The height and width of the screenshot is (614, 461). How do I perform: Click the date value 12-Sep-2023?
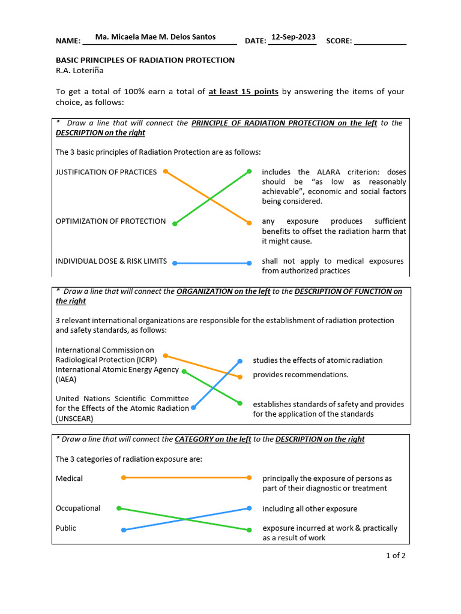pos(293,37)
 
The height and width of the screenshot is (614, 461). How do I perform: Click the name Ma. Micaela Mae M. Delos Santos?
pos(155,37)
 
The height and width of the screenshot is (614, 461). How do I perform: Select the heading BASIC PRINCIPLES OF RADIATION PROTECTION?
pos(145,61)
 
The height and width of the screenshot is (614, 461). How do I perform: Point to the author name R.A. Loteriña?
pos(80,70)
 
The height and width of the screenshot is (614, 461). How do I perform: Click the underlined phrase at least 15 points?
pos(243,92)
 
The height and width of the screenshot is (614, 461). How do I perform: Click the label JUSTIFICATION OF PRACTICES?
pos(106,172)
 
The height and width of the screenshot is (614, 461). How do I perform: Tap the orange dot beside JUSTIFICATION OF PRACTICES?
pos(165,171)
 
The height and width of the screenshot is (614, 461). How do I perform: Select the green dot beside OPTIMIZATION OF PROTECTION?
pos(175,224)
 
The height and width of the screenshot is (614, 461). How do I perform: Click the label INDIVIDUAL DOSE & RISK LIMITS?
pos(111,262)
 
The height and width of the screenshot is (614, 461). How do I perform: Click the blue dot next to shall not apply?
pos(249,263)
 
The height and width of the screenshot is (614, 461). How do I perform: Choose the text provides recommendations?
pos(300,375)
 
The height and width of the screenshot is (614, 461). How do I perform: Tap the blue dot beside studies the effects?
pos(240,361)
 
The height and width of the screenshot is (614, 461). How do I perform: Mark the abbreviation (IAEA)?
pos(66,380)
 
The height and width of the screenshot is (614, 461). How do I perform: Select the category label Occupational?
pos(78,508)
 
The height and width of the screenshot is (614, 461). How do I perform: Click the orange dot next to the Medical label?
pos(124,478)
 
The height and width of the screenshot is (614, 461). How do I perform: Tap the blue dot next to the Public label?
pos(124,530)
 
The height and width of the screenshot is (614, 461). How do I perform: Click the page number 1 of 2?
pos(396,555)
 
